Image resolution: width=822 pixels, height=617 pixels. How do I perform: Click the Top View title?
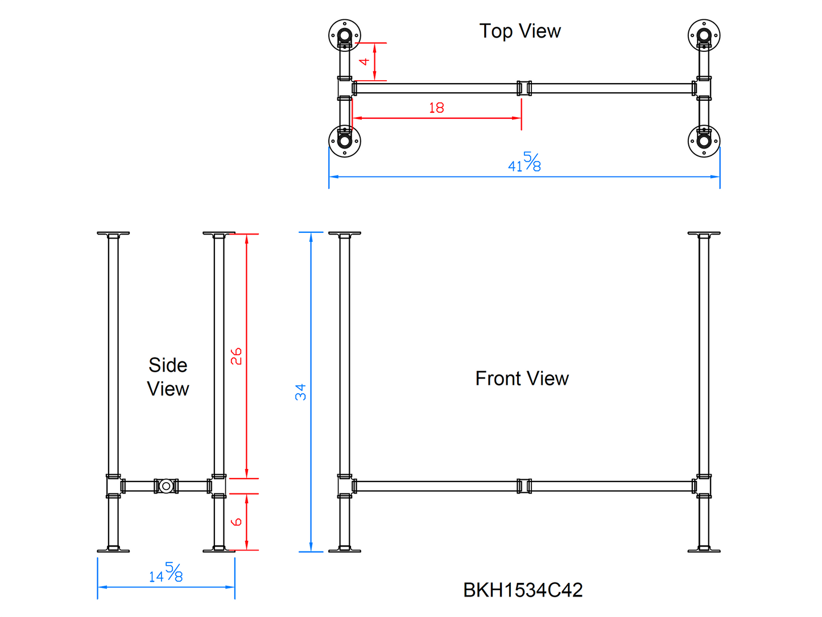point(520,31)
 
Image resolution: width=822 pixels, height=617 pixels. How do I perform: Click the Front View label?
point(522,379)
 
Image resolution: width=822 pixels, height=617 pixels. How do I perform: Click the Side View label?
point(168,377)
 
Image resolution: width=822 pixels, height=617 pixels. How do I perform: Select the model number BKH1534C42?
point(523,590)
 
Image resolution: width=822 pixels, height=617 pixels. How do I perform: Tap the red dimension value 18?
point(436,108)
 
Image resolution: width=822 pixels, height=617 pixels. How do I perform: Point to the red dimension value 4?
point(365,61)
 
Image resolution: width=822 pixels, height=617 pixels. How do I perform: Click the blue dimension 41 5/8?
point(524,163)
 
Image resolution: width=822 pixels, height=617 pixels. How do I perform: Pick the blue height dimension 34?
point(301,392)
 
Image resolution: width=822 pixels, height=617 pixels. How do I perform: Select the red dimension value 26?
point(237,356)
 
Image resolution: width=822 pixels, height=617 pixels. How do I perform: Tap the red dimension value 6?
point(237,521)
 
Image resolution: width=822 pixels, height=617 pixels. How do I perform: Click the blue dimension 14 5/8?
point(166,573)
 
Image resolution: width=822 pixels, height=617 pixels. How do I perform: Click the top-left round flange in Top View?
point(344,35)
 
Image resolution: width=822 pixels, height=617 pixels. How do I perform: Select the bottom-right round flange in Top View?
point(704,141)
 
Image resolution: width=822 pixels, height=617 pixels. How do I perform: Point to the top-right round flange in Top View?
point(704,35)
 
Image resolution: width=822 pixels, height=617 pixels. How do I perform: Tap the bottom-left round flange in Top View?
point(344,141)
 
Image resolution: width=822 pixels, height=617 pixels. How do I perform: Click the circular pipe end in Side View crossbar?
point(166,486)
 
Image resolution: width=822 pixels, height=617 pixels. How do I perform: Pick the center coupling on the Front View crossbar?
point(524,486)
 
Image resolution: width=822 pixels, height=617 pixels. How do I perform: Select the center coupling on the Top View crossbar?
point(524,88)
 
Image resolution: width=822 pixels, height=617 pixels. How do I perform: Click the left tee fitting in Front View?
point(345,486)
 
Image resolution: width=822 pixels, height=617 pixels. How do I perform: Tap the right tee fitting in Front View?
point(704,486)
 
